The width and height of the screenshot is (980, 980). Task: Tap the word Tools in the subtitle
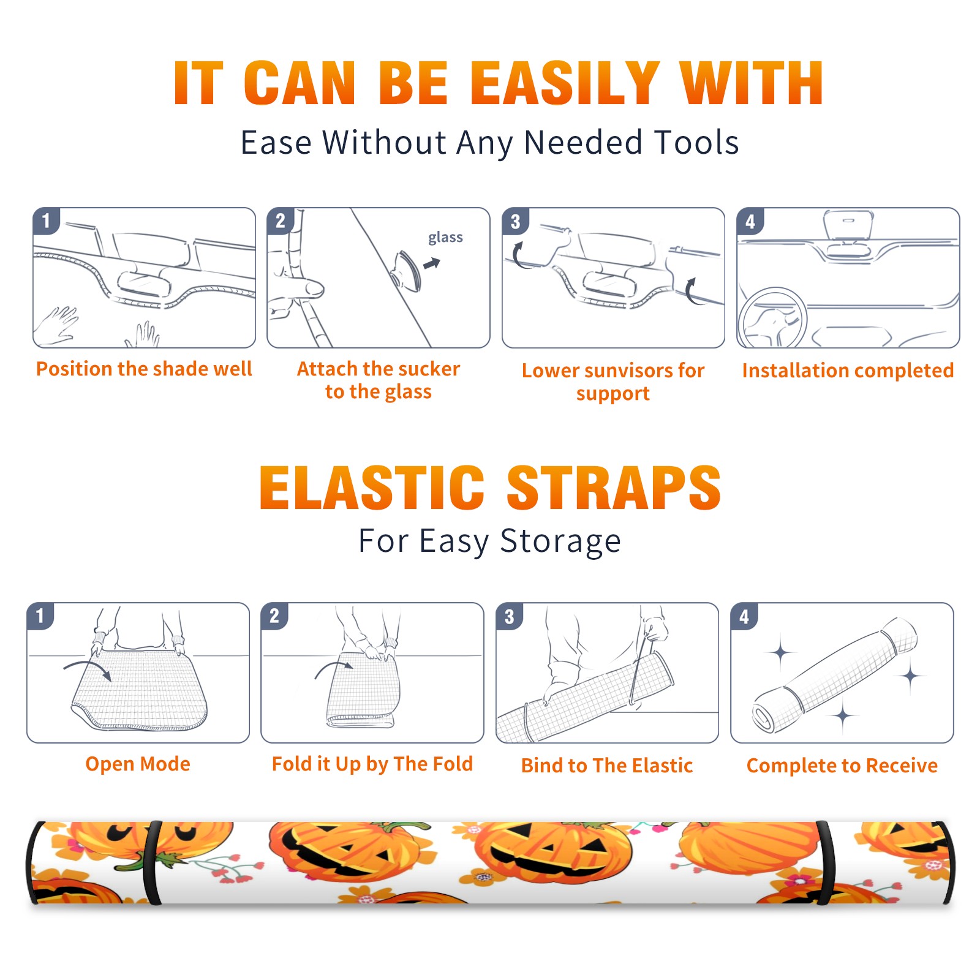697,143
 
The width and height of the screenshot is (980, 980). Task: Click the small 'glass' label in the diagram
445,238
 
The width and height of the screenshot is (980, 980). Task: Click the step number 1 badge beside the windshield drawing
47,221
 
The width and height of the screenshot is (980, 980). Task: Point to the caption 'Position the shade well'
144,369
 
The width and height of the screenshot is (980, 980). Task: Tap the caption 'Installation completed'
848,370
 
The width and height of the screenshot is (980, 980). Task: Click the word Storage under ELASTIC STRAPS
560,541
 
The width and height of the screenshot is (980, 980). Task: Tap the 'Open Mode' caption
138,764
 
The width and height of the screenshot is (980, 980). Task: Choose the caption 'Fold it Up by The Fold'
372,764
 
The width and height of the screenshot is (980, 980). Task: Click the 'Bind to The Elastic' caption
607,765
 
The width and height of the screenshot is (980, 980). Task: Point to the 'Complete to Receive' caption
842,765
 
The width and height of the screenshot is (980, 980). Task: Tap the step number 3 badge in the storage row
510,616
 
